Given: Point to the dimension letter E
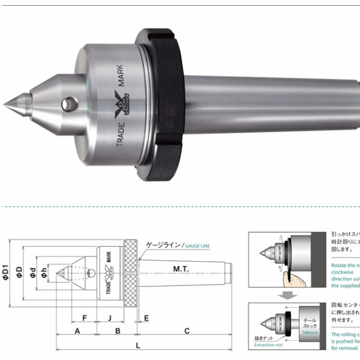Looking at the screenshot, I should [147, 318].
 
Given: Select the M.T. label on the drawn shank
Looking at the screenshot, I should [181, 269].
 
